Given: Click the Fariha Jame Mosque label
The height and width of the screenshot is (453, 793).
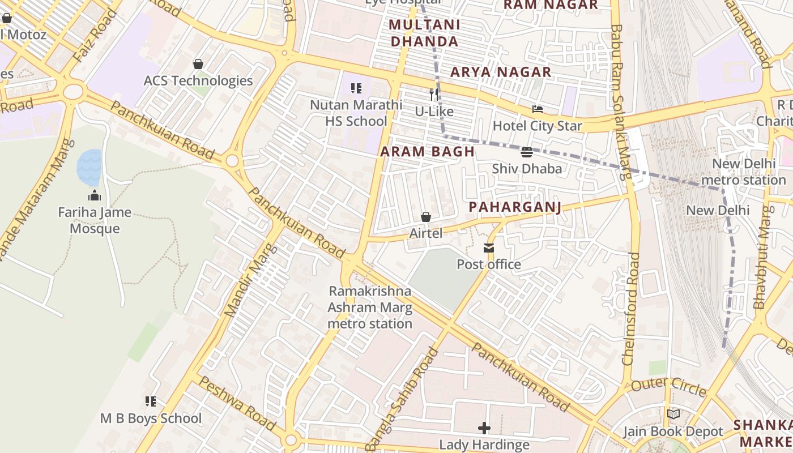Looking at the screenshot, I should click(95, 221).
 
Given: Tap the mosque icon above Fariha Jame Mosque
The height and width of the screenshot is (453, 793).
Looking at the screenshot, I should click(95, 196).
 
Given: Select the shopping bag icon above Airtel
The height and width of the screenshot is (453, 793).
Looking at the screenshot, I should click(426, 217).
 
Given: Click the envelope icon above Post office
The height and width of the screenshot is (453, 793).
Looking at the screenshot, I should click(488, 248).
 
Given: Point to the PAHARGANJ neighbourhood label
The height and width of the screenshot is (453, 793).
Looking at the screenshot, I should click(515, 207).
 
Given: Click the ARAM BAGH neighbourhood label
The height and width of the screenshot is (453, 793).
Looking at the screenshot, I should click(427, 152).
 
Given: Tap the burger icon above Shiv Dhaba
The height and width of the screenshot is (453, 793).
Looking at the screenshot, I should click(527, 152).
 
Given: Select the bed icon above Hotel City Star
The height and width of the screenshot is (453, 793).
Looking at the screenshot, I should click(538, 109).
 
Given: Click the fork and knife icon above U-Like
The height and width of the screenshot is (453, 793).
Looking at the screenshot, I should click(434, 95).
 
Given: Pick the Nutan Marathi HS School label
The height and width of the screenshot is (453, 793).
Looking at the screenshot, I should click(356, 113).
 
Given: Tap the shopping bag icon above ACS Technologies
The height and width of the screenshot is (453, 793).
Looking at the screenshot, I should click(198, 64).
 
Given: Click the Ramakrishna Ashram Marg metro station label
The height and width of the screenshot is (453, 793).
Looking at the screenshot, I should click(370, 307).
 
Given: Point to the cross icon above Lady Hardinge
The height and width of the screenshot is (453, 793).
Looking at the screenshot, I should click(484, 428).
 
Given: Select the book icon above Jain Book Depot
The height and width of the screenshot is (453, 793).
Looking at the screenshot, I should click(673, 414).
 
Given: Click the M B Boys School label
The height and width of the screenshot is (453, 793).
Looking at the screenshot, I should click(151, 418).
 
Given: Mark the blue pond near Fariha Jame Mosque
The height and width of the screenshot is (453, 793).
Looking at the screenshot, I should click(89, 168).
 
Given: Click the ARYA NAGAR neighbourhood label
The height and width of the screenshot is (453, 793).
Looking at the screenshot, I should click(501, 72).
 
